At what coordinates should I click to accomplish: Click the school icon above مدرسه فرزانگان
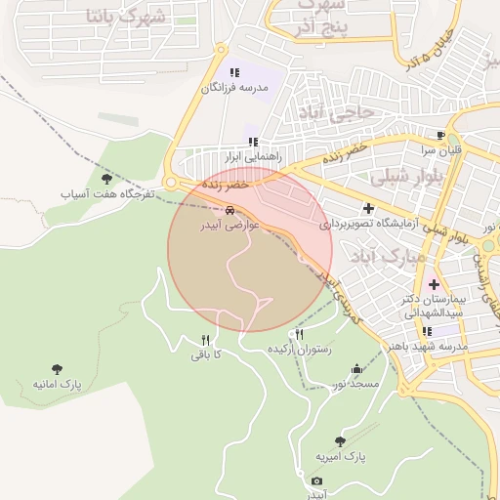point(233,72)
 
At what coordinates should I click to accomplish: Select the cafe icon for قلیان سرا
point(440,135)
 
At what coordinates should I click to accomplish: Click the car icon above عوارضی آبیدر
point(229,210)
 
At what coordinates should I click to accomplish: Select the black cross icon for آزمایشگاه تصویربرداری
point(368,208)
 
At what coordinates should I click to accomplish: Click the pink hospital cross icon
point(434,283)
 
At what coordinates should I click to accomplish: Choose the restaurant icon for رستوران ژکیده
point(299,334)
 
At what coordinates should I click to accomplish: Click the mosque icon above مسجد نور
point(355,369)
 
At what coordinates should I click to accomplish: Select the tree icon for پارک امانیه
point(56,369)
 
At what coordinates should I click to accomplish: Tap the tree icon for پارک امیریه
point(340,441)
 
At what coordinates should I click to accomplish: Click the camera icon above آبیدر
point(316,480)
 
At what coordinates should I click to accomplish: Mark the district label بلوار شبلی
point(409,178)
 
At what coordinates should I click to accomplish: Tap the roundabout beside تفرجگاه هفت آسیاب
point(173,183)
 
